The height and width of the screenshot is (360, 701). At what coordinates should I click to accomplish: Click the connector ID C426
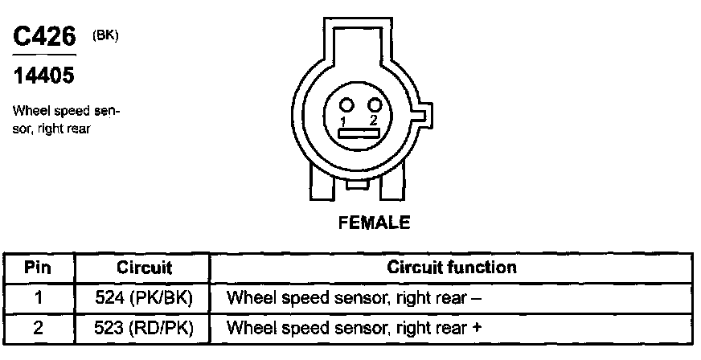[x=44, y=37]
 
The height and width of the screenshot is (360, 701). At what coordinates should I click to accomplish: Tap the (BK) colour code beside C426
[x=105, y=34]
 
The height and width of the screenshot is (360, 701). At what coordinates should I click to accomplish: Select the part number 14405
[x=44, y=76]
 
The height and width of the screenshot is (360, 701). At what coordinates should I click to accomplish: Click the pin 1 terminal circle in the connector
[x=346, y=105]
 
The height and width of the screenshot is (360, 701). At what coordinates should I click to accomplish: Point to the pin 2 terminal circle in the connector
[x=374, y=105]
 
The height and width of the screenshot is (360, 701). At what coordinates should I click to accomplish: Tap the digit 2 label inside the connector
[x=373, y=121]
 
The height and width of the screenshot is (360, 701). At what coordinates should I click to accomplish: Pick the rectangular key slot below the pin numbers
[x=359, y=134]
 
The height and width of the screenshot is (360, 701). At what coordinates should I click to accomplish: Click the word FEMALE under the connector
[x=372, y=223]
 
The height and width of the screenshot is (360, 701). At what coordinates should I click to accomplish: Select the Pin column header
[x=38, y=267]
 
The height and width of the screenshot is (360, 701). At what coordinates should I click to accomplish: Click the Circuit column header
[x=145, y=267]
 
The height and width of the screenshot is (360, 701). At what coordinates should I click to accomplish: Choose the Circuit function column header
[x=451, y=267]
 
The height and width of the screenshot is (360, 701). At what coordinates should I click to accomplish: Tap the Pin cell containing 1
[x=38, y=297]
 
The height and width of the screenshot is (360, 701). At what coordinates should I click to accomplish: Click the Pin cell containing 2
[x=38, y=327]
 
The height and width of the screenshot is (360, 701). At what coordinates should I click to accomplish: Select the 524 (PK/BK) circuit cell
[x=145, y=297]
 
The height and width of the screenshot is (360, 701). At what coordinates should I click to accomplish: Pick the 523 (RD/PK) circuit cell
[x=145, y=327]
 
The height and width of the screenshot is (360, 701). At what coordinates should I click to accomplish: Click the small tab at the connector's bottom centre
[x=358, y=185]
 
